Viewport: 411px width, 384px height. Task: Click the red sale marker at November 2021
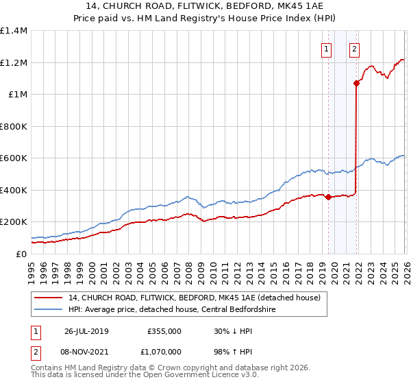pos(356,84)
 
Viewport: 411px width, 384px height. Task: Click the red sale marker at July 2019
pos(328,197)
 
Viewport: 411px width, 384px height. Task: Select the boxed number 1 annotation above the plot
pos(325,49)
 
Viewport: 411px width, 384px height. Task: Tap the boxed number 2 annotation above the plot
pos(354,49)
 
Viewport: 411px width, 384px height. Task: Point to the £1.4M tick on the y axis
pos(13,31)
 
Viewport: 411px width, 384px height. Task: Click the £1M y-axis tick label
pos(17,95)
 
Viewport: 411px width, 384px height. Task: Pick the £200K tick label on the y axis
pos(13,222)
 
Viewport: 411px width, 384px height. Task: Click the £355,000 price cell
pos(164,331)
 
